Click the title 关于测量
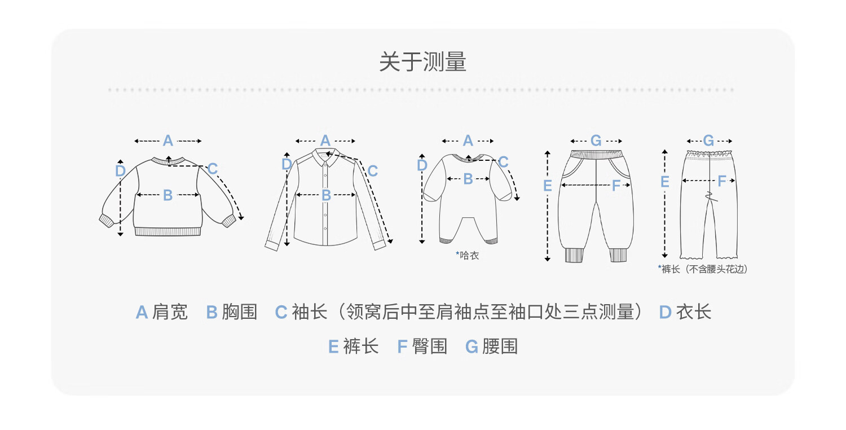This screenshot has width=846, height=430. [422, 62]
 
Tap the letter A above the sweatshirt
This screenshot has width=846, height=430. [168, 141]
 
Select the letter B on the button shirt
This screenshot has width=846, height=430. [327, 195]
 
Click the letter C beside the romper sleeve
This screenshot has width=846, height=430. [503, 162]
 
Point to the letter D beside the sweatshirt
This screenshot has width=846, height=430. [120, 171]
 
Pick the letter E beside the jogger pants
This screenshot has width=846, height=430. [547, 186]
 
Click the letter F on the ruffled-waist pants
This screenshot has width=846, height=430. [722, 181]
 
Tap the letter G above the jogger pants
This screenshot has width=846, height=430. [596, 141]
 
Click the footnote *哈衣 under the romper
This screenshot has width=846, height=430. [467, 256]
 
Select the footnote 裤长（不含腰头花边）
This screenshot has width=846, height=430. [703, 269]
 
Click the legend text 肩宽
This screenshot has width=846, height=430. [170, 312]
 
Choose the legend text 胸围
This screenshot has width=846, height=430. [240, 312]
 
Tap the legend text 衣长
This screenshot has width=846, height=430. [693, 312]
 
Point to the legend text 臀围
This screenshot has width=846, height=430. [429, 346]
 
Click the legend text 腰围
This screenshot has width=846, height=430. [500, 346]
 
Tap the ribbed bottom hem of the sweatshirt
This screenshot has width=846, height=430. [168, 232]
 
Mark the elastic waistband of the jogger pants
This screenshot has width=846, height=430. [596, 154]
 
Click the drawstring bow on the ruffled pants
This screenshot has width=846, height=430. [710, 196]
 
